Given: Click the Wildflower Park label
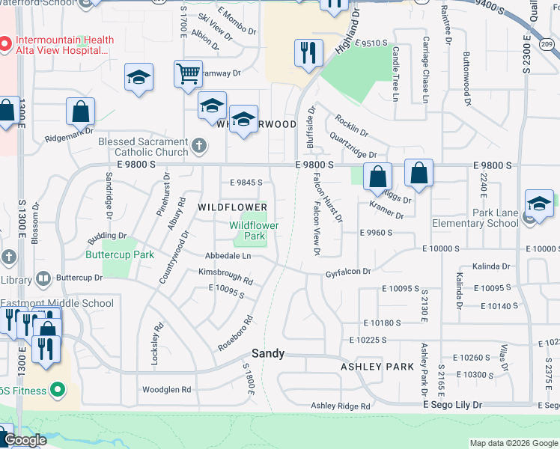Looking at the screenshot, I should coord(254,230).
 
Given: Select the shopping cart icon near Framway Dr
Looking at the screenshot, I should coord(188,73).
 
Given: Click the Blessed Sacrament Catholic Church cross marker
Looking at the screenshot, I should coord(198,144).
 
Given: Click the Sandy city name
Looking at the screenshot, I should coord(267,353).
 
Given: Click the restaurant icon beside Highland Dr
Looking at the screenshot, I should coord(308,52).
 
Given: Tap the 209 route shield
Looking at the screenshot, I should coord(548,46).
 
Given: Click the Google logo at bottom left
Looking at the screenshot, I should coord(25,440).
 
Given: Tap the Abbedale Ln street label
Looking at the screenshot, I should coord(228,256).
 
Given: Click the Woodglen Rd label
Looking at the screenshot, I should coord(167,390).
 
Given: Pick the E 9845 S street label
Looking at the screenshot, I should coord(246,182).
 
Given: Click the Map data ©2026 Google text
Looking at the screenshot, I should coord(513,443).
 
